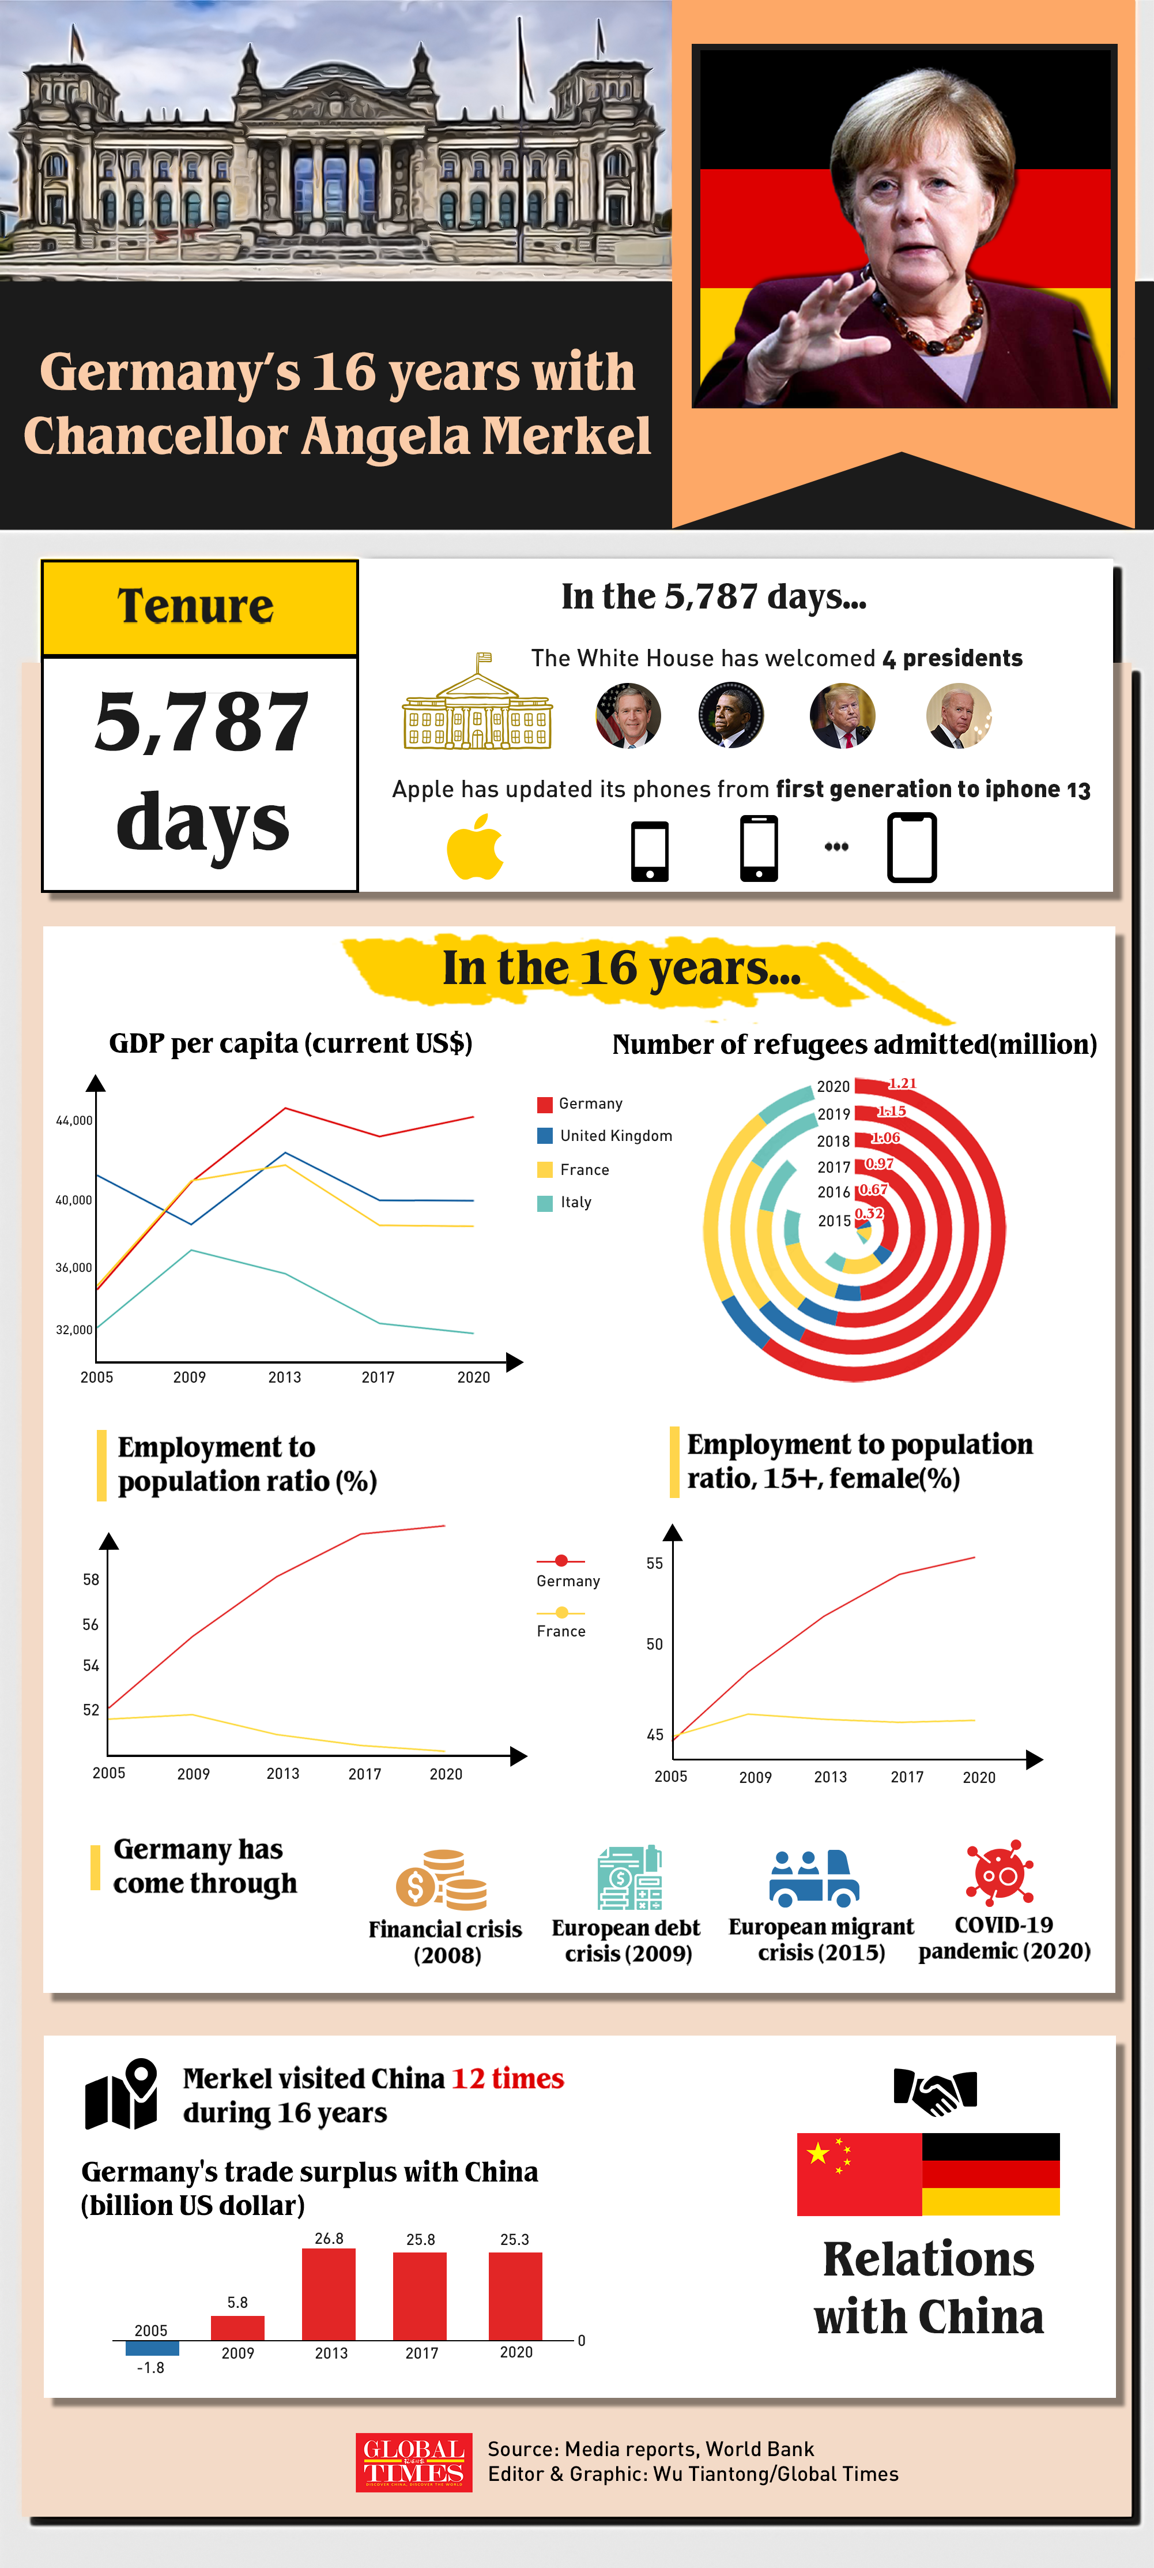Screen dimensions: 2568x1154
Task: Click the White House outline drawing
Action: coord(477,702)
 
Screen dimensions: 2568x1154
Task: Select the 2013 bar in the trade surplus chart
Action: coord(329,2293)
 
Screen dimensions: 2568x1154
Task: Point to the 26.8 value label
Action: coord(329,2238)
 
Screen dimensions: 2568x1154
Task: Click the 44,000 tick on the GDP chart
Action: coord(74,1121)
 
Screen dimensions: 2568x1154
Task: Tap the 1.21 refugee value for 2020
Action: coord(902,1084)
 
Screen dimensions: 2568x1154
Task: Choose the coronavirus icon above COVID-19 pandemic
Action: coord(1001,1872)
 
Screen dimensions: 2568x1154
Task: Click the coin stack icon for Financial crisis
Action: coord(442,1880)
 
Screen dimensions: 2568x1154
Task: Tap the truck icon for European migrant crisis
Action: coord(814,1877)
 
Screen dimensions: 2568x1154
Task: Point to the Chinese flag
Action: coord(859,2173)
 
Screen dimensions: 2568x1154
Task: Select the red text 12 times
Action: coord(507,2078)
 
